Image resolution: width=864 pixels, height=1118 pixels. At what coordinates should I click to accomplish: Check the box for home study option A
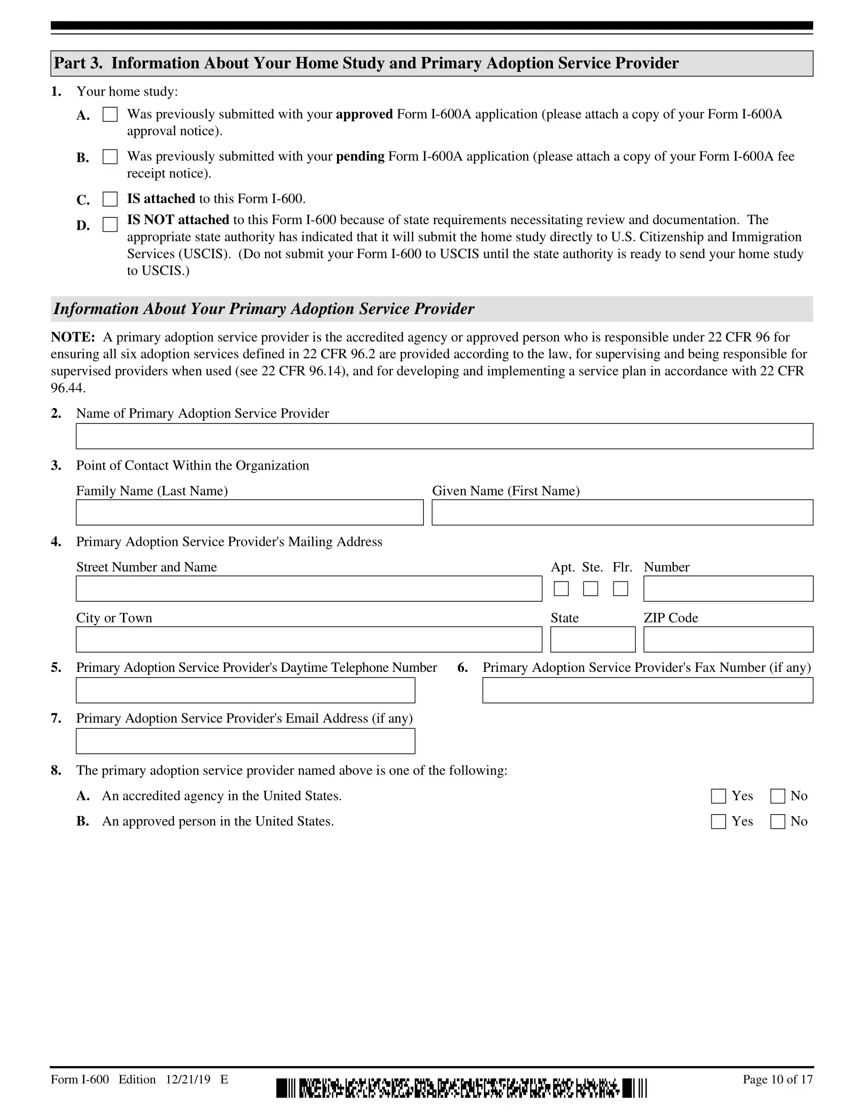tap(110, 114)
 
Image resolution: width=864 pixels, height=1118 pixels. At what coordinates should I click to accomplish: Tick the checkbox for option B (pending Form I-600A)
tap(110, 157)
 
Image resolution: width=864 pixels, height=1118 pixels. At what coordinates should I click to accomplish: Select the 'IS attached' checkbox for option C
tap(110, 199)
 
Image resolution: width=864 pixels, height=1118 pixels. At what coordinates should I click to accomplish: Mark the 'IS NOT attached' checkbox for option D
tap(110, 224)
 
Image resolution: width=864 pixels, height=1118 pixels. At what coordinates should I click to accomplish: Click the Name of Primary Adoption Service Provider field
tap(444, 436)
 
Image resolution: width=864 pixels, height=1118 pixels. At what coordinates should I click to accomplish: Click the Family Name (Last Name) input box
tap(250, 512)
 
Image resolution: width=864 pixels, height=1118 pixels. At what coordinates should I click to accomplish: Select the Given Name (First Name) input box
tap(623, 512)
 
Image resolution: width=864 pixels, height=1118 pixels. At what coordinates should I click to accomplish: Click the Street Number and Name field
tap(308, 588)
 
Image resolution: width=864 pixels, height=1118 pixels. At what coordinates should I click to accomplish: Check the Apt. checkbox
tap(561, 588)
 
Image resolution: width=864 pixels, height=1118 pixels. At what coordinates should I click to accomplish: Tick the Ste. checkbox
tap(591, 588)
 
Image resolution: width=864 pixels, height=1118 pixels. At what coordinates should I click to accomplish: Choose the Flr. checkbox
tap(621, 588)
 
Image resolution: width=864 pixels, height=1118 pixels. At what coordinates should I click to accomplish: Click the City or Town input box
tap(308, 639)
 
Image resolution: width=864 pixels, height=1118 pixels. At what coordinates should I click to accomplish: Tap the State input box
tap(593, 639)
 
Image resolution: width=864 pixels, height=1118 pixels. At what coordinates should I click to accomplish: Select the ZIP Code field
tap(728, 639)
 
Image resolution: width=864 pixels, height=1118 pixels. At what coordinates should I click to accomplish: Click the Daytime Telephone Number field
tap(245, 690)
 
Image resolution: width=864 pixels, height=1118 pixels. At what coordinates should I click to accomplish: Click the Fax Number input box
tap(647, 690)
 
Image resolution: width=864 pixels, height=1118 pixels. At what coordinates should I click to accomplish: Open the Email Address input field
tap(245, 741)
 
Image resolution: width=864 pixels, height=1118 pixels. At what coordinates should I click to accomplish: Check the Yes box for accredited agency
tap(719, 796)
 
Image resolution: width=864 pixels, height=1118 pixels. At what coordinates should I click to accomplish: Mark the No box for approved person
tap(778, 822)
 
